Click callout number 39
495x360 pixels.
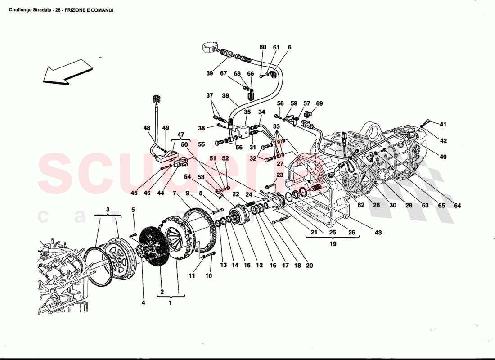pos(210,73)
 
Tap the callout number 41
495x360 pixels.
pos(443,125)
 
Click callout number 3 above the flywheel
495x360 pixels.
pos(108,210)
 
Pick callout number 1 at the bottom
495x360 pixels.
pos(170,303)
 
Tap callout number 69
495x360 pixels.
pos(319,103)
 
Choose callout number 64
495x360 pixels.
pos(457,206)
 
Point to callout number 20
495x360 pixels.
pos(309,265)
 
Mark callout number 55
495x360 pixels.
pos(202,144)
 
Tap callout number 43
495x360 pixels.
pos(378,232)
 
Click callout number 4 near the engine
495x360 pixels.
pos(143,303)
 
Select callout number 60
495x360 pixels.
pos(263,47)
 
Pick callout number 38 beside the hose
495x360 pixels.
pos(225,95)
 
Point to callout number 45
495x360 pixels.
pos(134,193)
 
